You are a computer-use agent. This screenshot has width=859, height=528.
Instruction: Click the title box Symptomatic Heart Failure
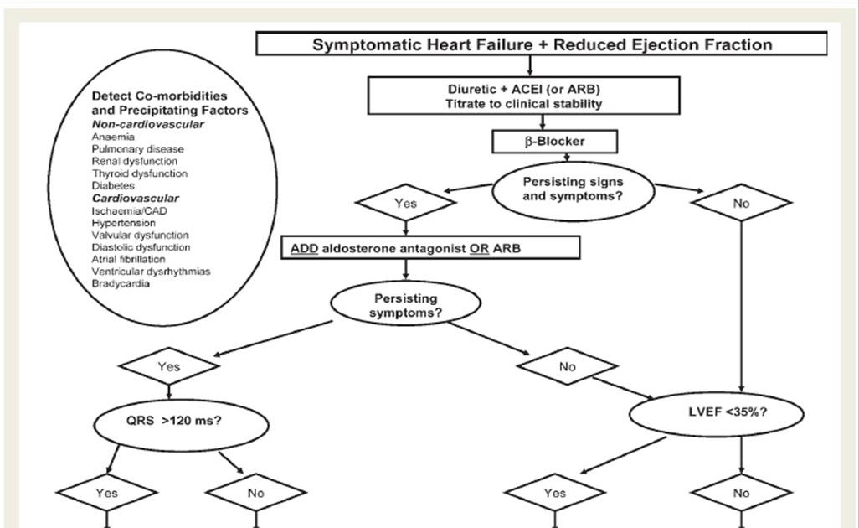tap(542, 44)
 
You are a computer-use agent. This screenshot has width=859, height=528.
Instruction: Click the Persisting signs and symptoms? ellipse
tap(573, 189)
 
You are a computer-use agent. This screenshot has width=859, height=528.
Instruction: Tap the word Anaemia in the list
tap(113, 137)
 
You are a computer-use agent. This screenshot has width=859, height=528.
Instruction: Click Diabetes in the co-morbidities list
tap(113, 186)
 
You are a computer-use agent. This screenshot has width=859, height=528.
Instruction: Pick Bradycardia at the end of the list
tap(121, 284)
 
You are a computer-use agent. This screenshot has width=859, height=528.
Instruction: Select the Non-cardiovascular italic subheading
tap(147, 124)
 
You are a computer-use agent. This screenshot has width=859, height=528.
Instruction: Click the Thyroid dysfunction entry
tap(139, 173)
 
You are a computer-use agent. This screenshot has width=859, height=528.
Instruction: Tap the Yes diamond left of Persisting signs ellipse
tap(405, 203)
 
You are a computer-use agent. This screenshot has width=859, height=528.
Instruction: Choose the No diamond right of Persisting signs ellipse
tap(741, 203)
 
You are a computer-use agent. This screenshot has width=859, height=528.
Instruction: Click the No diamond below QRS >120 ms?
tap(255, 493)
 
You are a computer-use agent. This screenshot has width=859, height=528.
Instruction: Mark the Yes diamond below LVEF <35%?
tap(554, 493)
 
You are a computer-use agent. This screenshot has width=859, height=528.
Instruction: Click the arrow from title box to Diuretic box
tap(529, 66)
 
